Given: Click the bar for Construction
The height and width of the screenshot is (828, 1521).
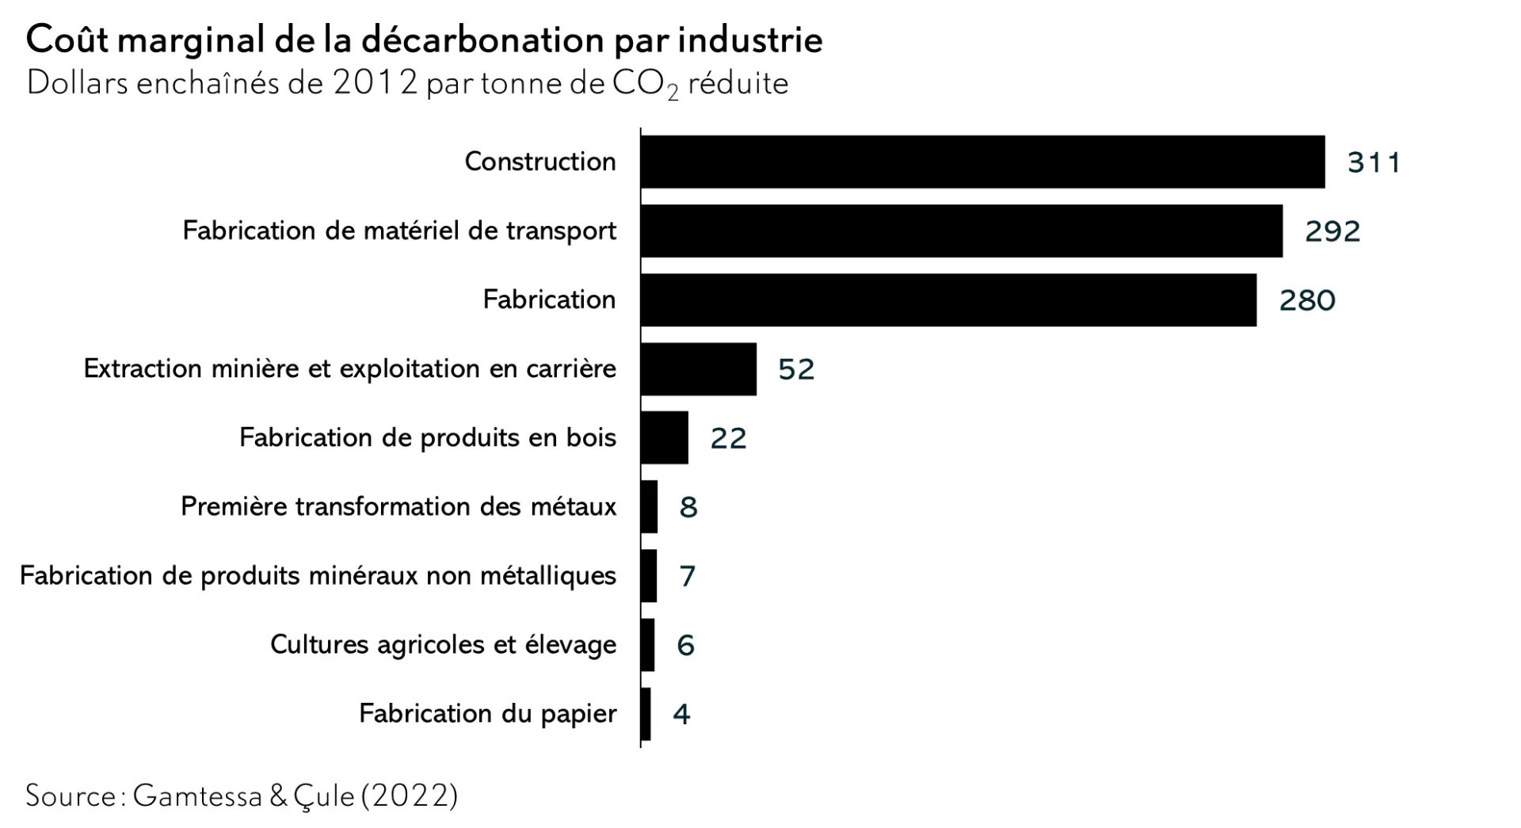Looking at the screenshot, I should tap(982, 162).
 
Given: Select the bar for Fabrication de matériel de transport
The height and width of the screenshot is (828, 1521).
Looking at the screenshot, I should tap(961, 231).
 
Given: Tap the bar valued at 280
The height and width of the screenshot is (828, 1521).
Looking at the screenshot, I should tap(948, 300).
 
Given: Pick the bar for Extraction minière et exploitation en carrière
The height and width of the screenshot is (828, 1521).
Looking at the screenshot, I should tap(699, 368).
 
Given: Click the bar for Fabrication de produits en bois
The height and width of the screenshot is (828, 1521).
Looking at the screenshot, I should tap(665, 437).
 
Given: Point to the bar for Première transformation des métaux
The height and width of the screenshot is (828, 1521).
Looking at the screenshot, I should tap(650, 506).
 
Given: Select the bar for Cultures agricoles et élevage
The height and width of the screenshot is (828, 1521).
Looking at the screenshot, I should tap(648, 644).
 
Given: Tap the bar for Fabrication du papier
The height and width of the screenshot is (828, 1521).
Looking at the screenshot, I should tap(646, 713).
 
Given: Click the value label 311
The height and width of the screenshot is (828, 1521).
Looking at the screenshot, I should tap(1374, 162).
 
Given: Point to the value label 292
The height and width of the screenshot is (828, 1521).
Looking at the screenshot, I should tap(1332, 231).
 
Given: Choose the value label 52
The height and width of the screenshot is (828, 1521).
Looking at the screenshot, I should tap(796, 369).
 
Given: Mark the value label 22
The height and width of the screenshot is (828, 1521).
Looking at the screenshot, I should tap(728, 438).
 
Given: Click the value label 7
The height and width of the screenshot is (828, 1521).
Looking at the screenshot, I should tap(687, 576).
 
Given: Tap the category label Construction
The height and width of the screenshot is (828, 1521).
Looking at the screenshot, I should tap(540, 162).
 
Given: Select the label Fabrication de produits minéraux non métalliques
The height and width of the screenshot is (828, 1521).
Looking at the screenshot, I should tap(318, 575).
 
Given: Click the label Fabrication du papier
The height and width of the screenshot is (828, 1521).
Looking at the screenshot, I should tap(487, 713).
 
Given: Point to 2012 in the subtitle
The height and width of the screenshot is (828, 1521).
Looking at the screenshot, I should tap(375, 83).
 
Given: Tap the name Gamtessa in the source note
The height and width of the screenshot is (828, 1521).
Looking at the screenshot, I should tap(197, 796).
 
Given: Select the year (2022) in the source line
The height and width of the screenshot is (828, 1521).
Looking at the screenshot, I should tap(410, 796).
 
